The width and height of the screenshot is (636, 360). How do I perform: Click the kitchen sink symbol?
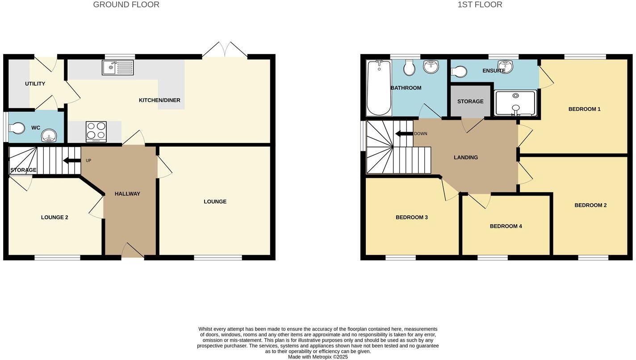tap(117, 67)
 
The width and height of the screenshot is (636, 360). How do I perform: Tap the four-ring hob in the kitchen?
tap(96, 131)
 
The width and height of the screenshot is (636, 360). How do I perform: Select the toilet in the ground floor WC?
tap(17, 129)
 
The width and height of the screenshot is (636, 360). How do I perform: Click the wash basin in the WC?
tap(49, 135)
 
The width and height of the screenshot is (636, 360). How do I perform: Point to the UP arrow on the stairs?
tap(71, 160)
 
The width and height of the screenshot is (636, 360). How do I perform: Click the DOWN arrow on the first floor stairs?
tap(404, 134)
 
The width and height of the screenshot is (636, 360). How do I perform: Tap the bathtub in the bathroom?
tap(379, 88)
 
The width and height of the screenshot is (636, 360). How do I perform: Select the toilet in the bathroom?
tap(409, 68)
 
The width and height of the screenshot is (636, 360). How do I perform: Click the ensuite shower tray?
tap(515, 103)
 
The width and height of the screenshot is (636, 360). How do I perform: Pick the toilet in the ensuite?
tap(459, 71)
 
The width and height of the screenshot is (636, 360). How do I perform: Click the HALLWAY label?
tap(127, 194)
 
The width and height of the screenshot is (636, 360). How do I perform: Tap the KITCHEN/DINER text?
tap(159, 100)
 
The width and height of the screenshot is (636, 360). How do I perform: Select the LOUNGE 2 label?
tap(54, 218)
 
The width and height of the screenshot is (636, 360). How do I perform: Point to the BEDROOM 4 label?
tap(506, 226)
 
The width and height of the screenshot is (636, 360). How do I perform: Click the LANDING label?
tap(466, 157)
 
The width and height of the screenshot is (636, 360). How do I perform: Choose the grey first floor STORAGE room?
tap(470, 101)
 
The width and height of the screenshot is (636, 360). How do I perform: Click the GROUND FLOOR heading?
tap(126, 5)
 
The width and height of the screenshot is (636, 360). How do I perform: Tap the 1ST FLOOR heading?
tap(480, 5)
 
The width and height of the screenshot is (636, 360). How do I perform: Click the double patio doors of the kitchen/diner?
tap(225, 50)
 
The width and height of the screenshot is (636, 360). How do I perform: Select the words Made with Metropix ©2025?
tap(318, 357)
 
